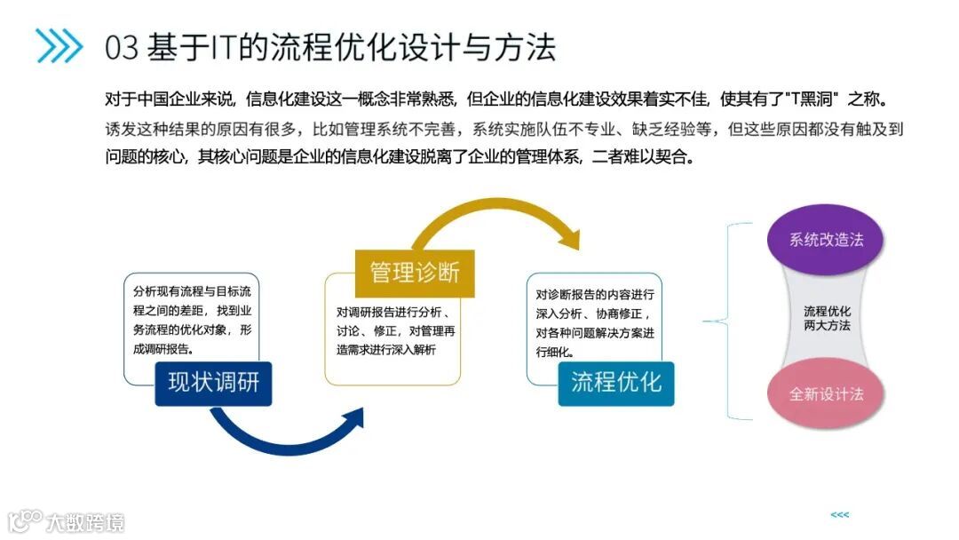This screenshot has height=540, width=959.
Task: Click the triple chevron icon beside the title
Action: (59, 46)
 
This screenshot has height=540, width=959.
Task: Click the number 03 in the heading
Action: (122, 47)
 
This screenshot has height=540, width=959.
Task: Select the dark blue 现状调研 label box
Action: (213, 383)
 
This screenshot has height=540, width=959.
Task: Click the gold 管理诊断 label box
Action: (415, 273)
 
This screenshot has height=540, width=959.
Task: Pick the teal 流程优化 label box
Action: (616, 383)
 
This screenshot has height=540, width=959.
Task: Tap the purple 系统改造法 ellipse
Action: (826, 240)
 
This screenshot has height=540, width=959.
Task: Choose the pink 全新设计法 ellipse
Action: (826, 393)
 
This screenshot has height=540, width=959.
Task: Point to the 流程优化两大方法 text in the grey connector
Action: (827, 318)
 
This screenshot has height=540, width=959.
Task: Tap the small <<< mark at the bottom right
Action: (839, 515)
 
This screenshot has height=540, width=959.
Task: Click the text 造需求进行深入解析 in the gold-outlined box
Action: (386, 349)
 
